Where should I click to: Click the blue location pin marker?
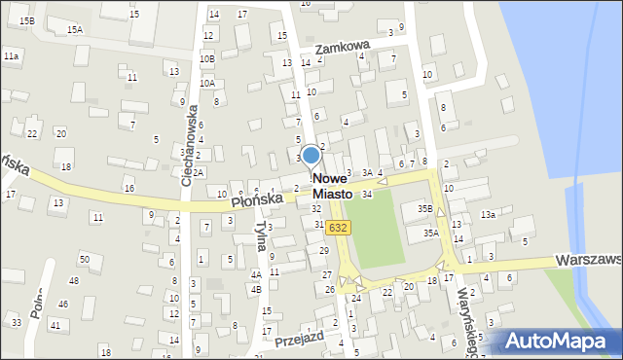pyautogui.click(x=311, y=156)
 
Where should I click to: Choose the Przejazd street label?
pyautogui.click(x=298, y=341)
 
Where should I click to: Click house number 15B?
pyautogui.click(x=26, y=20)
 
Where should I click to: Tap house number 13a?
pyautogui.click(x=488, y=214)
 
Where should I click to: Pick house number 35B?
pyautogui.click(x=424, y=208)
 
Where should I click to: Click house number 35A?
pyautogui.click(x=430, y=233)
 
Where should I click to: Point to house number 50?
pyautogui.click(x=85, y=259)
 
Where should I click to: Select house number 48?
pyautogui.click(x=75, y=280)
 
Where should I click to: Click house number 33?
pyautogui.click(x=17, y=322)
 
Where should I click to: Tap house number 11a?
pyautogui.click(x=11, y=57)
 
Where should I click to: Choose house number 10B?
pyautogui.click(x=206, y=58)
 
